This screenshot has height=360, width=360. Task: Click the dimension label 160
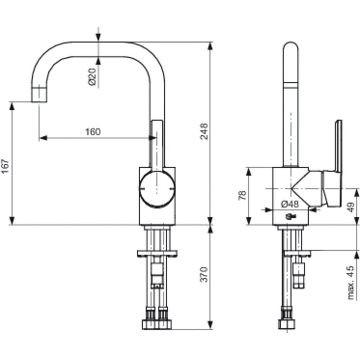(x=93, y=132)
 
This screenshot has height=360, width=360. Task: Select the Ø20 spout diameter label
(x=92, y=76)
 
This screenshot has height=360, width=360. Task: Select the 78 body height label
(x=242, y=195)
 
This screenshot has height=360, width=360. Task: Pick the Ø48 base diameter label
(x=290, y=204)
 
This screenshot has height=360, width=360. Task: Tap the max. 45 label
(x=351, y=283)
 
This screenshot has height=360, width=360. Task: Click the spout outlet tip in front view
(x=39, y=94)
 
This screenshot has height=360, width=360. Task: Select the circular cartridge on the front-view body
(x=156, y=189)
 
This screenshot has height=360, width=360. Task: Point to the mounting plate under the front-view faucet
(x=156, y=253)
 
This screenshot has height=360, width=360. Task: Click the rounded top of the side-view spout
(x=291, y=48)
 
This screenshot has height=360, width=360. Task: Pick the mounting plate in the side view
(x=296, y=253)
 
